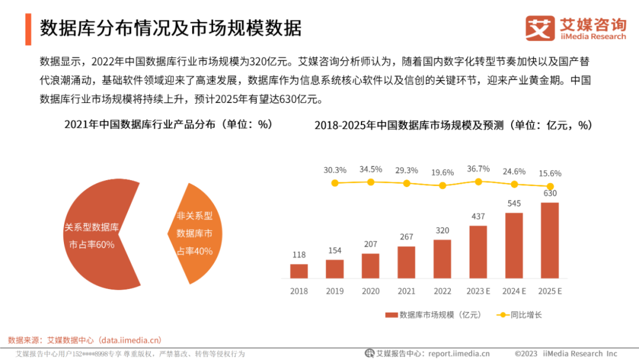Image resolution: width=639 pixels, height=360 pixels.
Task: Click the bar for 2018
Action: (x=299, y=271)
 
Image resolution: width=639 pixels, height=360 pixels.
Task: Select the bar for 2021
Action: (x=406, y=262)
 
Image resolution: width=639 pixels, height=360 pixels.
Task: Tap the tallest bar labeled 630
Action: (x=550, y=240)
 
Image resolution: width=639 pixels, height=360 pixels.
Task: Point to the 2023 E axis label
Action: (x=478, y=291)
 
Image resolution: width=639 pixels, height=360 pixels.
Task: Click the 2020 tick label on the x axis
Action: (x=370, y=291)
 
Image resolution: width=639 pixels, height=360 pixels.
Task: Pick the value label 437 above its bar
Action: (x=478, y=217)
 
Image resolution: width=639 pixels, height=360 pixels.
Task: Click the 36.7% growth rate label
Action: (x=478, y=169)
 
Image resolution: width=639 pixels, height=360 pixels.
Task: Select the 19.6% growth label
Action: (x=443, y=172)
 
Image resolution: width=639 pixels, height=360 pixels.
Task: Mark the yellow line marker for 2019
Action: (x=335, y=183)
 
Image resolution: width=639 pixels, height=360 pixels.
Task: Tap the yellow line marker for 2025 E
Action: (x=550, y=186)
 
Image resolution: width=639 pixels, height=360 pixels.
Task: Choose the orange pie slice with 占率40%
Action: (x=195, y=233)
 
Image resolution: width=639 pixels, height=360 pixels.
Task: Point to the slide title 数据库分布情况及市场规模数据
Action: (x=171, y=28)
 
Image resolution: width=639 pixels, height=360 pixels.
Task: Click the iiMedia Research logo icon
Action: (x=540, y=28)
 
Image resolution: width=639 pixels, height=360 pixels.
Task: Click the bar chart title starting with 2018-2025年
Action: (x=453, y=125)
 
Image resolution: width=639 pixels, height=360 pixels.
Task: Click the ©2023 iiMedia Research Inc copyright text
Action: (x=566, y=353)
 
